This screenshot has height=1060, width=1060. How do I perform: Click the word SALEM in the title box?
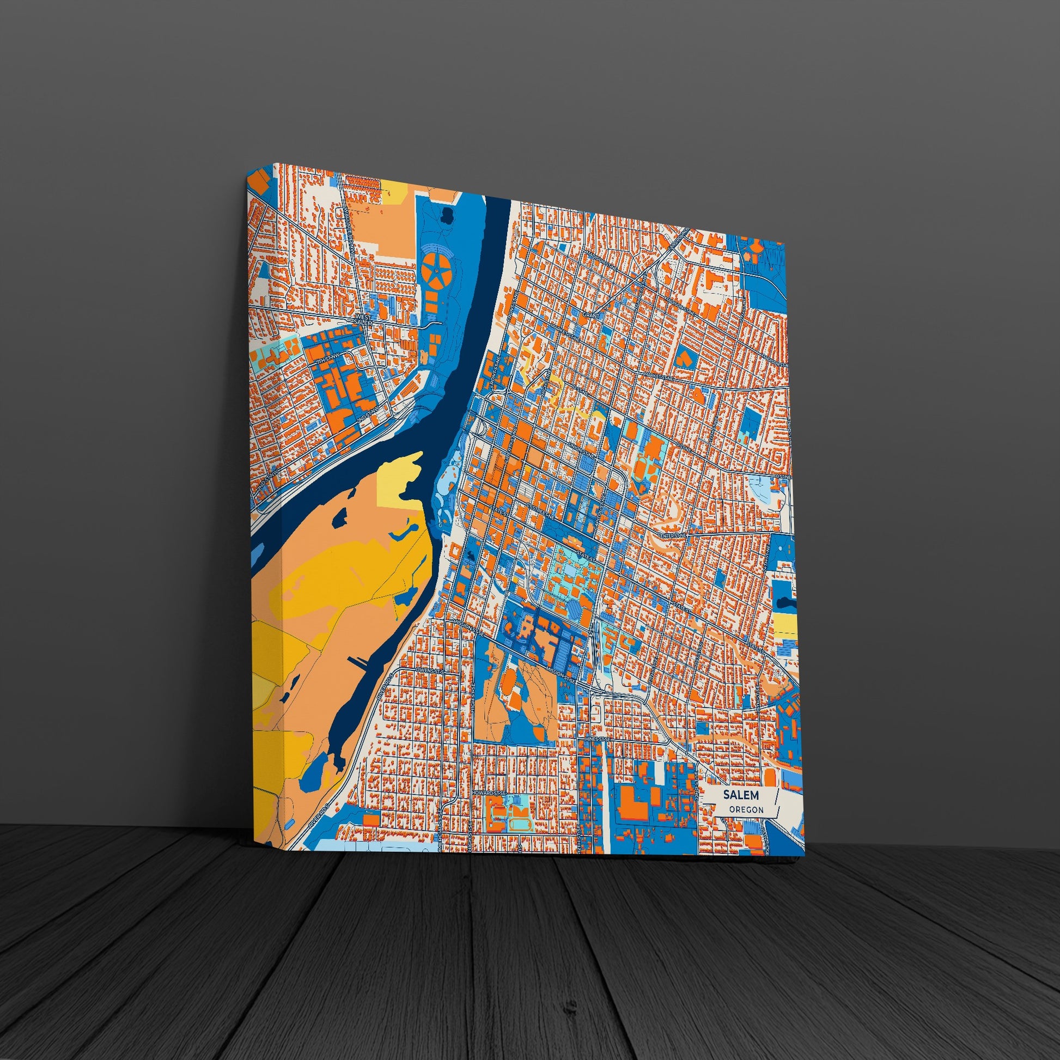click(x=741, y=794)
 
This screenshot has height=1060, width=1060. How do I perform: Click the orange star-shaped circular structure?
click(x=437, y=271)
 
